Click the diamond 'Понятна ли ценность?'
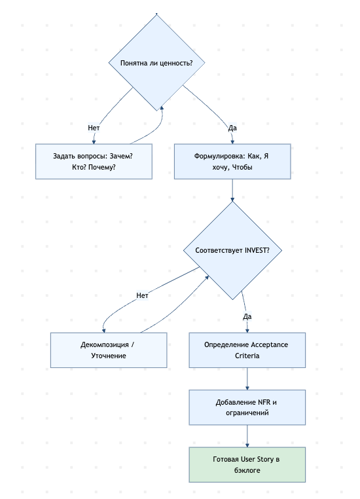tap(157, 63)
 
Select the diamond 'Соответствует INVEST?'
tap(232, 251)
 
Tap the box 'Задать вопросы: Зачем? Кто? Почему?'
tap(93, 161)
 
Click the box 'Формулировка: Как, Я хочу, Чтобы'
tap(232, 161)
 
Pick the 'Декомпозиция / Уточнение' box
tap(109, 350)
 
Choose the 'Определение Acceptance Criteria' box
tap(247, 350)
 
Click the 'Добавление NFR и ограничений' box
tap(247, 407)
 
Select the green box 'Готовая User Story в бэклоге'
tap(247, 465)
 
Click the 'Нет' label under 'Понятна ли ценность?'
tap(94, 127)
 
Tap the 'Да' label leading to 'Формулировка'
tap(232, 127)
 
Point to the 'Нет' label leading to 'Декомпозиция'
tap(142, 295)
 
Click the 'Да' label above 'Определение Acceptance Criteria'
tap(247, 316)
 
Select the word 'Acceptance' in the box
tap(268, 344)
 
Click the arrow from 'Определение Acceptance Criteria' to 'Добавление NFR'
tap(247, 379)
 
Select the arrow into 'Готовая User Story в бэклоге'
tap(247, 436)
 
